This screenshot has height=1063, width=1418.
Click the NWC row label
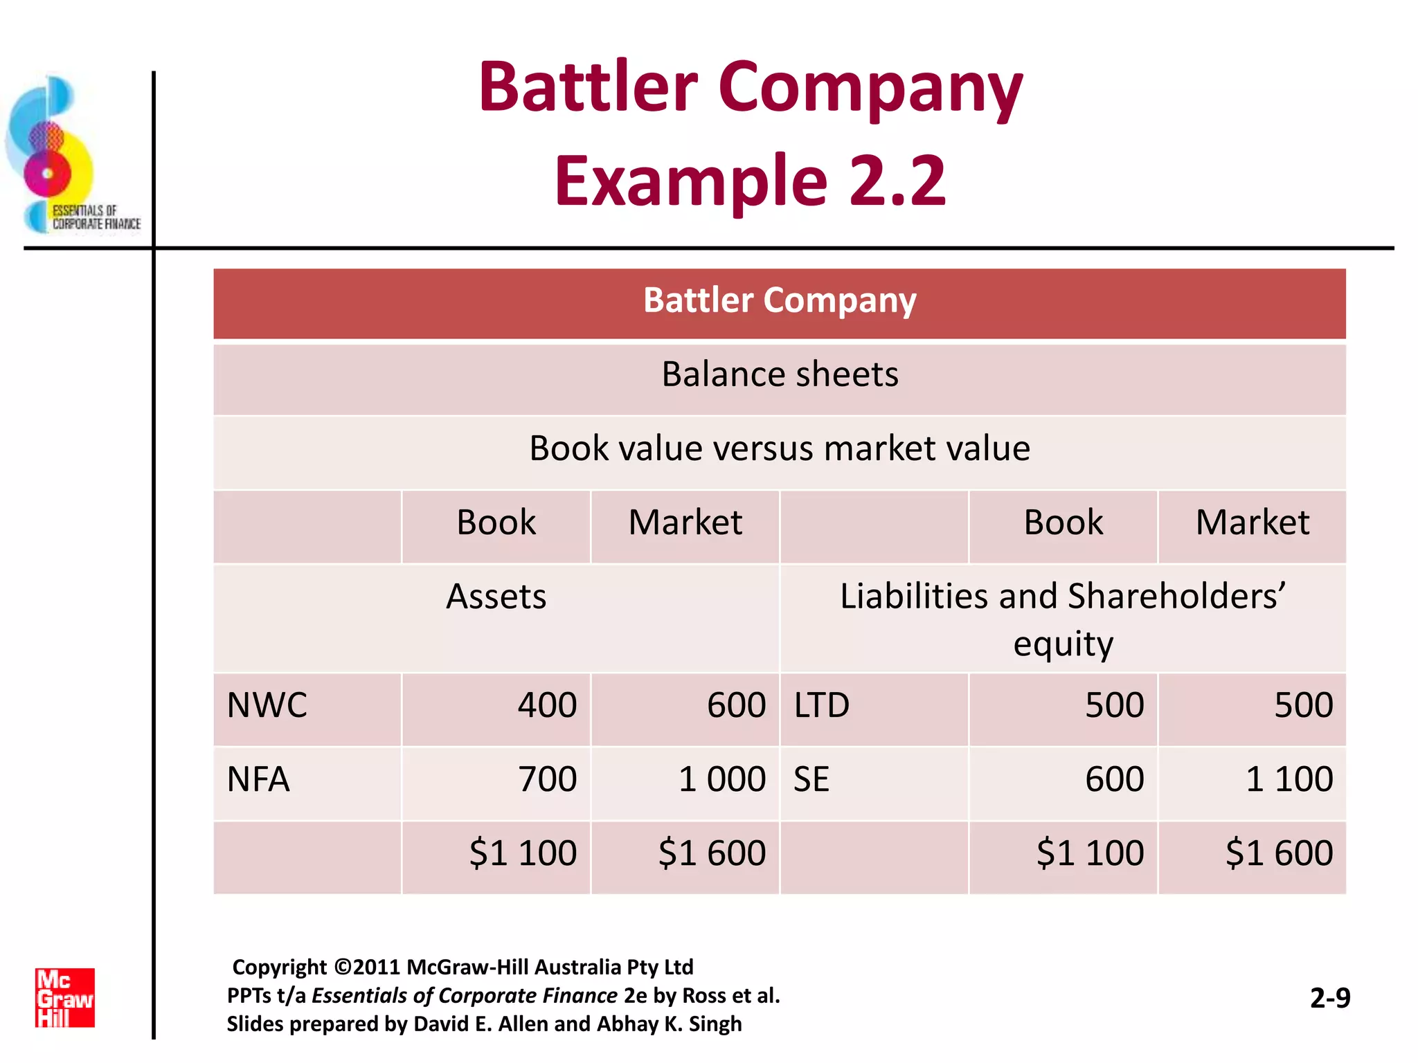tap(267, 705)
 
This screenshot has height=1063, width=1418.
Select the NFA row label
tap(258, 779)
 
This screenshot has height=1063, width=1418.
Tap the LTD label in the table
tap(821, 705)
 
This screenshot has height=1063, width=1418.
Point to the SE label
tap(811, 779)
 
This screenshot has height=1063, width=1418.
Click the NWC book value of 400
tap(547, 705)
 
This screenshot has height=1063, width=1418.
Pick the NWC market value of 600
tap(736, 705)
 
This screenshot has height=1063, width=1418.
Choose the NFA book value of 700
tap(547, 779)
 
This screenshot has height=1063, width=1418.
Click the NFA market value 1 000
tap(721, 779)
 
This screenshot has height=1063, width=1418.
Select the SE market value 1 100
tap(1289, 779)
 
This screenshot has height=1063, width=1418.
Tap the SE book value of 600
tap(1114, 779)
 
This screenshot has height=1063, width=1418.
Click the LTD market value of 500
tap(1303, 705)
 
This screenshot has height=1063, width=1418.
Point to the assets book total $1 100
tap(523, 853)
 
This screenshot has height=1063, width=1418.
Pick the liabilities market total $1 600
tap(1279, 853)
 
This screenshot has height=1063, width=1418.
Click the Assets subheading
tap(496, 597)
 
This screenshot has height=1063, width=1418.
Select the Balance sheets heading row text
tap(780, 374)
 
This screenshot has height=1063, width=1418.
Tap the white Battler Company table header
tap(780, 300)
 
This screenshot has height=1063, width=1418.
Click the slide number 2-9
tap(1330, 998)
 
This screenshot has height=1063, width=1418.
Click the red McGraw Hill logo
tap(65, 997)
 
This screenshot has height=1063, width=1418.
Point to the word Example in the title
tap(691, 181)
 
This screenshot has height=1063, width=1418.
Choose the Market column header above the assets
tap(685, 523)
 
